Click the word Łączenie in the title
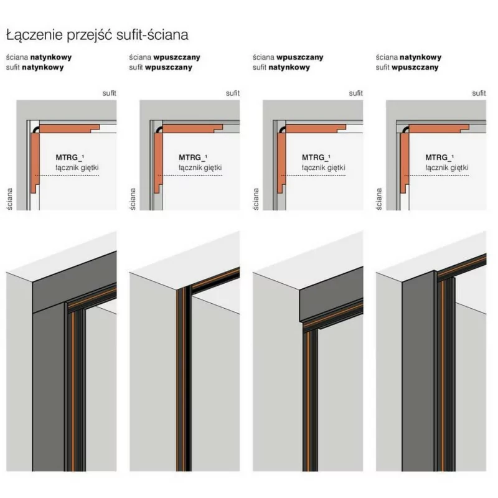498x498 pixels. (34, 35)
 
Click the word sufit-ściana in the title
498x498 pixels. (152, 35)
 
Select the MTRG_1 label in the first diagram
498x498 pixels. (70, 157)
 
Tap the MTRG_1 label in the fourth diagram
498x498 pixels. (439, 157)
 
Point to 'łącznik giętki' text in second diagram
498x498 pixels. (200, 167)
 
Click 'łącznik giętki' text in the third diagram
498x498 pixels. (323, 167)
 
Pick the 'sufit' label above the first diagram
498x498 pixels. (110, 93)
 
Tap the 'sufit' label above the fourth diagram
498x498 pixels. (479, 93)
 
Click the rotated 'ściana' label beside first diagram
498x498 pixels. (9, 199)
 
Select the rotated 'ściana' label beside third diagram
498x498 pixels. (256, 199)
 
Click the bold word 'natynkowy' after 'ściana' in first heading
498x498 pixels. (51, 57)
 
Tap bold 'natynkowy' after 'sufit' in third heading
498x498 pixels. (289, 67)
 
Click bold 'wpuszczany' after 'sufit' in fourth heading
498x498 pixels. (415, 67)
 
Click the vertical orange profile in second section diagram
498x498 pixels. (158, 162)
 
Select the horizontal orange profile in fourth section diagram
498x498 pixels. (438, 128)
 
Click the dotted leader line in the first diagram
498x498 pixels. (67, 176)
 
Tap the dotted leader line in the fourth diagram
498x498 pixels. (437, 176)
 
